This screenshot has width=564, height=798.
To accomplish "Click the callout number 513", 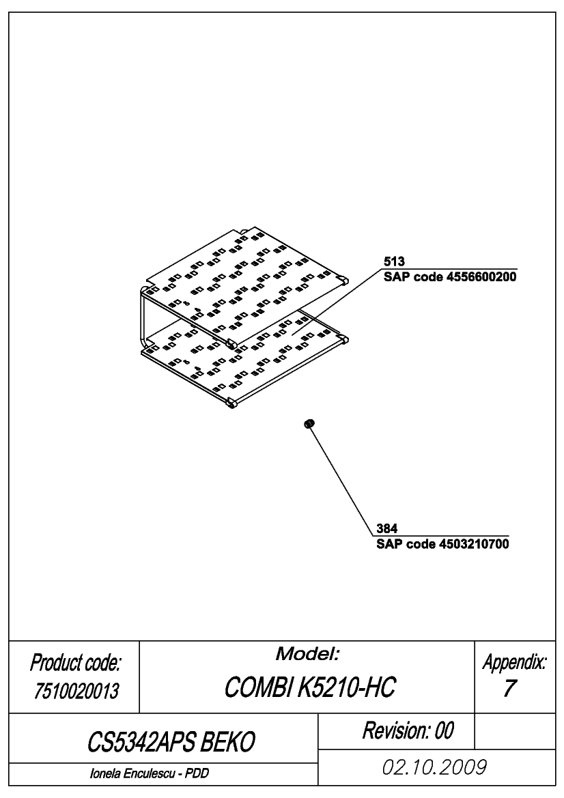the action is pyautogui.click(x=394, y=261).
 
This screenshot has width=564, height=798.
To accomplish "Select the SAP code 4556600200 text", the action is pyautogui.click(x=450, y=277).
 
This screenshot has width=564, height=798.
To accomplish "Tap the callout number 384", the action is pyautogui.click(x=387, y=528).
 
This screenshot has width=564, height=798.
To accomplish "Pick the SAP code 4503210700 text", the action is pyautogui.click(x=443, y=544).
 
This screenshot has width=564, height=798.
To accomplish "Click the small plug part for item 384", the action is pyautogui.click(x=309, y=423).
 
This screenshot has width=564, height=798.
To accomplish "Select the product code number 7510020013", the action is pyautogui.click(x=76, y=691).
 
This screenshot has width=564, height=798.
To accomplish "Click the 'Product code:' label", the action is pyautogui.click(x=75, y=663).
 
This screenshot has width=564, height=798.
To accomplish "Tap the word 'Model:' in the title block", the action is pyautogui.click(x=307, y=654).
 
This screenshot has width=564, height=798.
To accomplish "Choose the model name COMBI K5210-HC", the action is pyautogui.click(x=309, y=687).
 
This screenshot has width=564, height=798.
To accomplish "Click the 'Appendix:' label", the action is pyautogui.click(x=515, y=662).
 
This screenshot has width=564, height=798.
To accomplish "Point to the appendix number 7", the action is pyautogui.click(x=509, y=688).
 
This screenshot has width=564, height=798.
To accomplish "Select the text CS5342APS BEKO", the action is pyautogui.click(x=171, y=742).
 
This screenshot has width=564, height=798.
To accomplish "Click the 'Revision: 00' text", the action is pyautogui.click(x=408, y=731).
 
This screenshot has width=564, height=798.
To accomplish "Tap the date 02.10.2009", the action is pyautogui.click(x=434, y=767).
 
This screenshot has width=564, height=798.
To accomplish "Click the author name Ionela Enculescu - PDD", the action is pyautogui.click(x=149, y=773).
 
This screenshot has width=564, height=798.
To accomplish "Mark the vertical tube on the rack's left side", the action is pyautogui.click(x=141, y=316).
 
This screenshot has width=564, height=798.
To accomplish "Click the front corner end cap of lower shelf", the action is pyautogui.click(x=231, y=405).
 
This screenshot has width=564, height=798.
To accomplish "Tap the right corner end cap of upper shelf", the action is pyautogui.click(x=344, y=279).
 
